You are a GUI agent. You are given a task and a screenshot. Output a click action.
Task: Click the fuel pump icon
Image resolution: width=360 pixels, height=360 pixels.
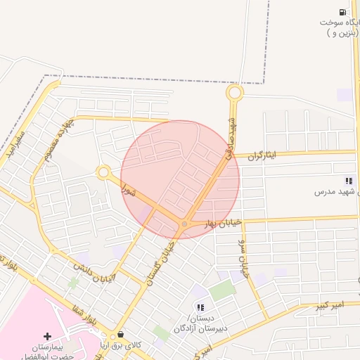[342, 12]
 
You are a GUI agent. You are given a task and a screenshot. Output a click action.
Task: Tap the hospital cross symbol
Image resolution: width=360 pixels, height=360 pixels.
[47, 336]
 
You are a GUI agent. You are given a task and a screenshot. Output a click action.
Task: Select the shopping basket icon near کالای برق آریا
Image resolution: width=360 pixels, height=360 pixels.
[121, 335]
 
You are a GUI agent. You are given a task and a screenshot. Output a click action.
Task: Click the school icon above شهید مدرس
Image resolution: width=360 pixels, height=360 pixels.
[349, 181]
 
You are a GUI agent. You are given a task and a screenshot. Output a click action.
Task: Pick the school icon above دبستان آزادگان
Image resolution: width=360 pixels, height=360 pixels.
[200, 307]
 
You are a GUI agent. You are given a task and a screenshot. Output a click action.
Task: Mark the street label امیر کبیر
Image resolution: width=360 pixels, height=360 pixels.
[328, 305]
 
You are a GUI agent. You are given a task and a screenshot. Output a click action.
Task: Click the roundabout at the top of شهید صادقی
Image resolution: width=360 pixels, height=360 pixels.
[234, 92]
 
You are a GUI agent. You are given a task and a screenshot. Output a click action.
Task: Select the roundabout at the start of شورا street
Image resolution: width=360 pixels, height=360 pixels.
[103, 172]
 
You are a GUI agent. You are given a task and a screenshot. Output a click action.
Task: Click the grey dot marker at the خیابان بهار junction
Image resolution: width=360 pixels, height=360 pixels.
[184, 224]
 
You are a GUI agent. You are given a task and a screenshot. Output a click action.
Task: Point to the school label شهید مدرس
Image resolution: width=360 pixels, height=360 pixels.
[337, 191]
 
